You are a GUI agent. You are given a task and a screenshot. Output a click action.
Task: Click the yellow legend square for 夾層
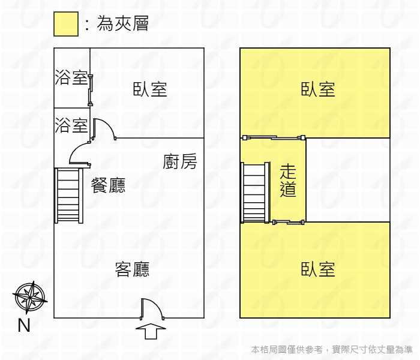(66, 24)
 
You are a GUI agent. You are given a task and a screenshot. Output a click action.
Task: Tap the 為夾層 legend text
(122, 23)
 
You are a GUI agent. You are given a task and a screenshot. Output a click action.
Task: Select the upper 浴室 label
(71, 77)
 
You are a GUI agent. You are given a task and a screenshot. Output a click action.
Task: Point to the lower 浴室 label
(71, 125)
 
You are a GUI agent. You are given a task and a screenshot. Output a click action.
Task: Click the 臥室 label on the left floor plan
(150, 89)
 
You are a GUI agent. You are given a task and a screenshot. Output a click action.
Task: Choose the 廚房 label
(180, 161)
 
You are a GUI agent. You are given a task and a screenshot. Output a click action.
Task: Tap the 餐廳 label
(108, 185)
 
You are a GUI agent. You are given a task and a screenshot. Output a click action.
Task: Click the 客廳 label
(133, 269)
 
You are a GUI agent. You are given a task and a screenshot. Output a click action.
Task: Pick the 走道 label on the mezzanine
(288, 181)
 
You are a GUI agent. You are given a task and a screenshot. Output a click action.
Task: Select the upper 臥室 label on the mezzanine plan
(318, 89)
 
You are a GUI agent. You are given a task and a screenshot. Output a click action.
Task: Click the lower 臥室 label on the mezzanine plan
(318, 269)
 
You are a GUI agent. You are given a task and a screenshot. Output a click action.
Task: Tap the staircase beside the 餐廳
(69, 196)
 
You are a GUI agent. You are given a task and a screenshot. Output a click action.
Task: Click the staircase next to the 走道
(255, 193)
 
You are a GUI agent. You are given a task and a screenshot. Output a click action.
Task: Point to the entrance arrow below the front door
(151, 331)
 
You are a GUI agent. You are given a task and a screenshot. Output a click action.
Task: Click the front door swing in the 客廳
(152, 309)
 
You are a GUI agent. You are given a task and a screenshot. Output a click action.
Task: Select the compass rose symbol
(30, 298)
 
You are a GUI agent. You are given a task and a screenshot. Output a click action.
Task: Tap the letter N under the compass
(24, 325)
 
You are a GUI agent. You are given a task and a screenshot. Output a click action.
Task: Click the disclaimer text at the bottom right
(332, 349)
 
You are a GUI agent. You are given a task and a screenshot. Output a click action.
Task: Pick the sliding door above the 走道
(274, 137)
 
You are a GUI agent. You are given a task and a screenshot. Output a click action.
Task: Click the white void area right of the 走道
(347, 180)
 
